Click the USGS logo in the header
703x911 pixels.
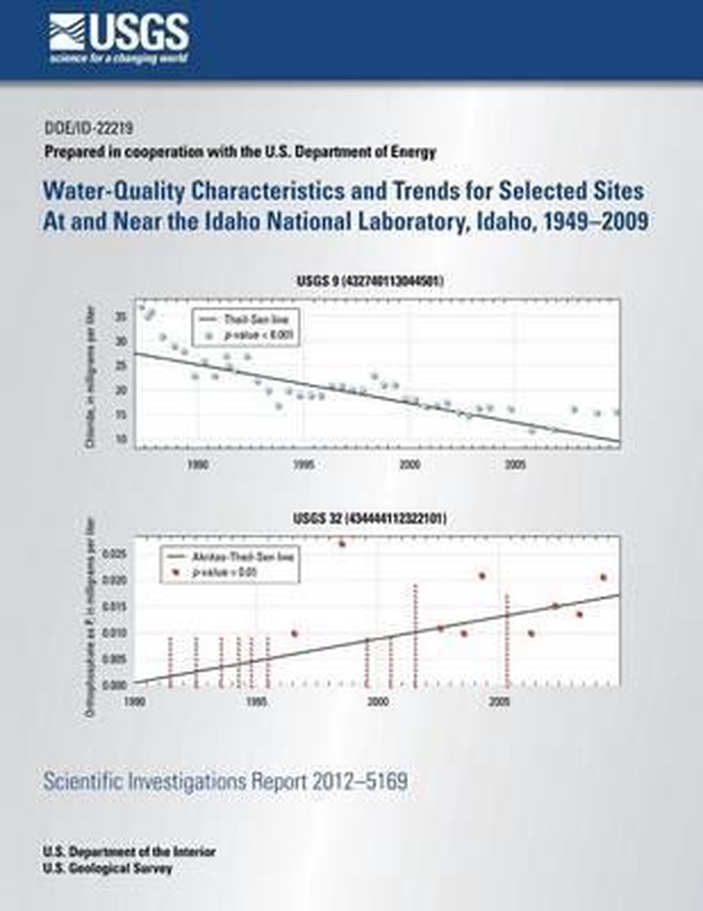tap(119, 35)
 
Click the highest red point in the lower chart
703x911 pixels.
tap(342, 544)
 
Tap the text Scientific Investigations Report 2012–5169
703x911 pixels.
tap(225, 780)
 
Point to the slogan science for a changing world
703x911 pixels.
tap(119, 58)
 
